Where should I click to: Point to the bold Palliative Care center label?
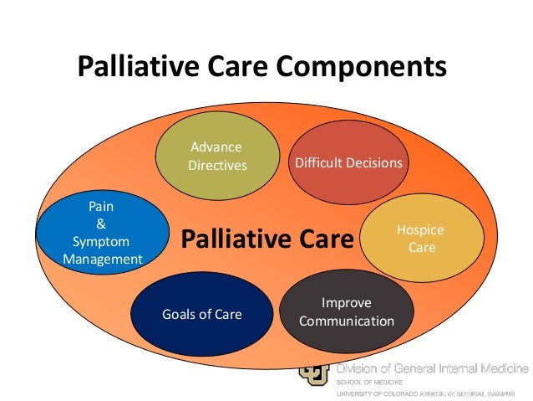pyautogui.click(x=267, y=241)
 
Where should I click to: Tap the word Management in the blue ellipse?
pyautogui.click(x=103, y=260)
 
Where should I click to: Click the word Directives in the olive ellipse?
pyautogui.click(x=217, y=165)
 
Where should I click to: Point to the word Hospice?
pyautogui.click(x=421, y=230)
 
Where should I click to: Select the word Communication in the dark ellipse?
pyautogui.click(x=346, y=321)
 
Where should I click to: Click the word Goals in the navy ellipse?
pyautogui.click(x=179, y=315)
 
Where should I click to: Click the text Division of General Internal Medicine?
pyautogui.click(x=433, y=368)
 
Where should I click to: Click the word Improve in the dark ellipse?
pyautogui.click(x=346, y=303)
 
